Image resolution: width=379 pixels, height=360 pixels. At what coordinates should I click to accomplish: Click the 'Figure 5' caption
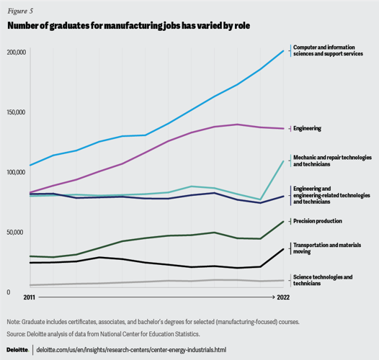click(x=22, y=11)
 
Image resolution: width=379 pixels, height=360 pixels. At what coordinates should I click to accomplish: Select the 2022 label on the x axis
click(x=284, y=297)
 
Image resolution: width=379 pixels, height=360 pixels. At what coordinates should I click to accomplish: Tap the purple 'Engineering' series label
click(x=307, y=128)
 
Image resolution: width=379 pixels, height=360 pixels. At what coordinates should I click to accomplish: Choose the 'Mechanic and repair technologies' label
click(x=331, y=160)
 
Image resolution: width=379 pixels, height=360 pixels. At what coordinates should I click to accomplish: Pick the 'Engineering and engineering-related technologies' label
click(x=331, y=194)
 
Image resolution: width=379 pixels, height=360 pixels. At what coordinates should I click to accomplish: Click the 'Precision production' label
click(x=317, y=221)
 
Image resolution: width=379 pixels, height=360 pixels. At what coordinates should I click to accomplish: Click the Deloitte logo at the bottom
click(x=18, y=350)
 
